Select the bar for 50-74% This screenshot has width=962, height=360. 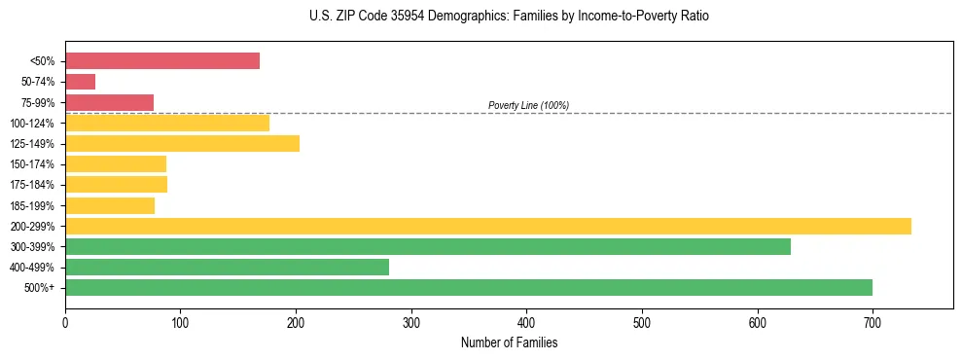click(x=80, y=82)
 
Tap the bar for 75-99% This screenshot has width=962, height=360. click(x=109, y=102)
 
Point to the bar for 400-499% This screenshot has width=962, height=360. click(x=227, y=267)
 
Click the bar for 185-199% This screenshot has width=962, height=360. click(x=110, y=205)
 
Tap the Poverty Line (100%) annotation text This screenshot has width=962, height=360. click(x=528, y=105)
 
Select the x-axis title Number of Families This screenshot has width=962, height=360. click(x=509, y=342)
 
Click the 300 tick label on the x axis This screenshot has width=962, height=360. click(x=411, y=322)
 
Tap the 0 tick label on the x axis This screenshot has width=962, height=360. click(x=65, y=322)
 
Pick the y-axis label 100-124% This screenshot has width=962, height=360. click(x=32, y=124)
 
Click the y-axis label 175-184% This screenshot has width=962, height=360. click(x=32, y=185)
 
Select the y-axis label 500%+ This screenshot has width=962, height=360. click(x=40, y=288)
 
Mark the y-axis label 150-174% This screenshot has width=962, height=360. click(x=32, y=164)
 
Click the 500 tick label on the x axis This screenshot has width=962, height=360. click(x=642, y=322)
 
